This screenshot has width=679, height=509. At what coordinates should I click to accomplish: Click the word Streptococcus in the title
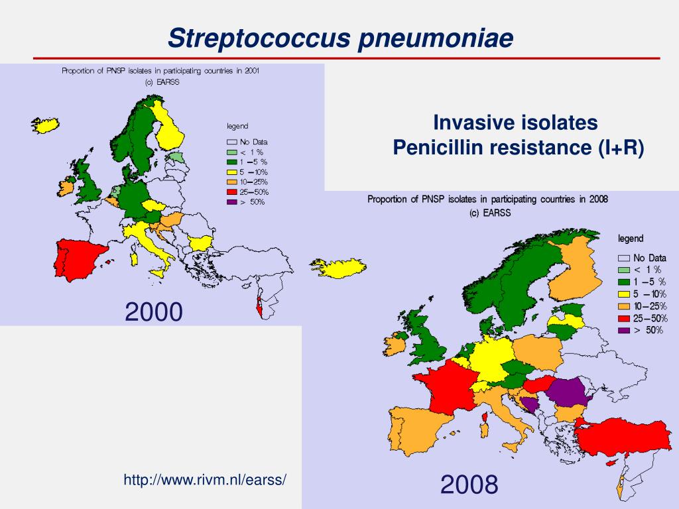[259, 38]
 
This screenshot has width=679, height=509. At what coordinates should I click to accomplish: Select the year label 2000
[154, 311]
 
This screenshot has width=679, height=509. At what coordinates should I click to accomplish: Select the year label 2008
[469, 485]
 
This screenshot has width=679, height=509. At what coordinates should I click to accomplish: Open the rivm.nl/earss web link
[205, 479]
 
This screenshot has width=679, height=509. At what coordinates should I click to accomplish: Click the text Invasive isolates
[515, 123]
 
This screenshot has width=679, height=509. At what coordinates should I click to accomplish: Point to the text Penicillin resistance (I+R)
[518, 147]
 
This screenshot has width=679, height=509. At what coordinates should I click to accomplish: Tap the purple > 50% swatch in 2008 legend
[623, 329]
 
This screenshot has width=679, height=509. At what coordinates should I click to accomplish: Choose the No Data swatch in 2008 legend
[623, 258]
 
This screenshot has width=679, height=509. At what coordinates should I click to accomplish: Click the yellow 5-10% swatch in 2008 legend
[623, 294]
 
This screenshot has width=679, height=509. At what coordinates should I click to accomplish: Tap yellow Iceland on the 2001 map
[46, 125]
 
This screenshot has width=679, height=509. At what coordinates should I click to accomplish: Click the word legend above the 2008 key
[631, 239]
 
